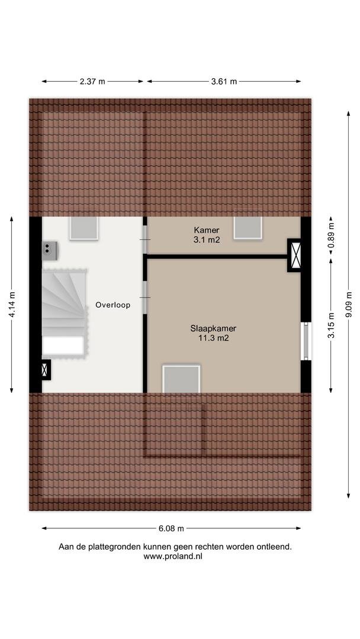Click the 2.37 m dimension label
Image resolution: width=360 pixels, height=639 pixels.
pos(92,82)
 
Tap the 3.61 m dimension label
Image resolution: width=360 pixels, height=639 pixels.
pos(224,82)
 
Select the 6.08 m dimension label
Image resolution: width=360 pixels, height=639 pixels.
pos(171,528)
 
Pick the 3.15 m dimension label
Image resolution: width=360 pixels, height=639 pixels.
pos(332,325)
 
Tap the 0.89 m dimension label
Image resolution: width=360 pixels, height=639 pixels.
pos(332,235)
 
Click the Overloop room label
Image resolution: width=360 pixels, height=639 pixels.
pos(113,305)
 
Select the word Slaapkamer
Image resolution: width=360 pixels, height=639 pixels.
pos(213,328)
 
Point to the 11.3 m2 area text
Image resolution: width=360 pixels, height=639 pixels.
pos(214,337)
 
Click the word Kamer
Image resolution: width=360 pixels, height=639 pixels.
pos(207,231)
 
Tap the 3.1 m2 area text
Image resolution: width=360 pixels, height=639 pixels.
pos(207,240)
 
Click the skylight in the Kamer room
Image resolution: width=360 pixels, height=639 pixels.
pos(248,228)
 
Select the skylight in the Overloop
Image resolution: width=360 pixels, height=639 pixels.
pos(83,228)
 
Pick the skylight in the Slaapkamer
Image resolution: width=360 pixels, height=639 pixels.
pos(181,379)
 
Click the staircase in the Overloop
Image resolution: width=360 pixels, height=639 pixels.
pos(65,314)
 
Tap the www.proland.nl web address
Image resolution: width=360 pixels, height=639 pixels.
pos(173,556)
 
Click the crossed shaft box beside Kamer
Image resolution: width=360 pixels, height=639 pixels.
pos(295,255)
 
